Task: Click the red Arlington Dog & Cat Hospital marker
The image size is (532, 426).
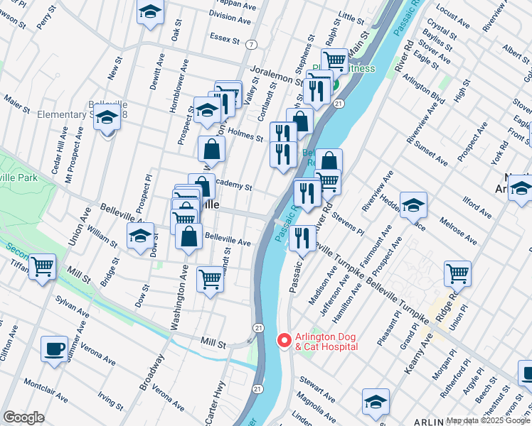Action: coord(284,341)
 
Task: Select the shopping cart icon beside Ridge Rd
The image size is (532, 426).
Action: coord(457,273)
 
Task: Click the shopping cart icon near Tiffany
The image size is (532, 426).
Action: coord(42,267)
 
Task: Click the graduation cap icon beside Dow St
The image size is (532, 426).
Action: coord(140,236)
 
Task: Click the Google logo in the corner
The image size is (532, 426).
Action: coord(23,417)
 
